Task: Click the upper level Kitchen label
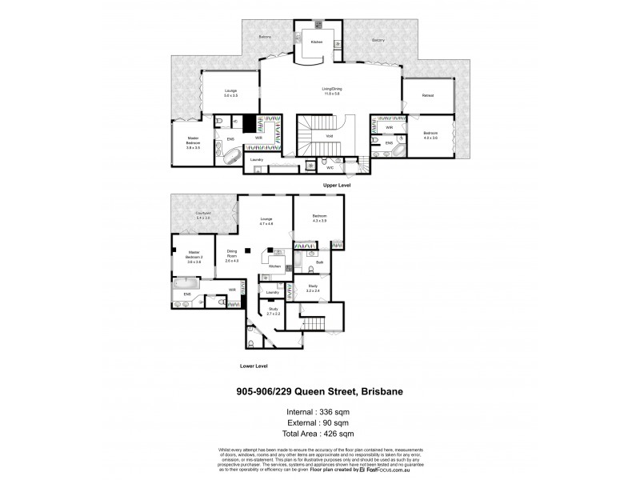316,40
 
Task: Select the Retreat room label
428,95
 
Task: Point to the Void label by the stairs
329,136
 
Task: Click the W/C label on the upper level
329,168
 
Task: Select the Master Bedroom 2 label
193,256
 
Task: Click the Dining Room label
233,256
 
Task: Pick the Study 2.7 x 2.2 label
274,310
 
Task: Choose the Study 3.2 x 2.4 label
313,289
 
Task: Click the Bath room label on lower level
319,262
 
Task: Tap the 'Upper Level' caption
337,186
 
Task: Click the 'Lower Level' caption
253,366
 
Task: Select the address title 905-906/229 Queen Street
320,393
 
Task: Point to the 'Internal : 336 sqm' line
320,411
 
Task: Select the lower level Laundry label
272,293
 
